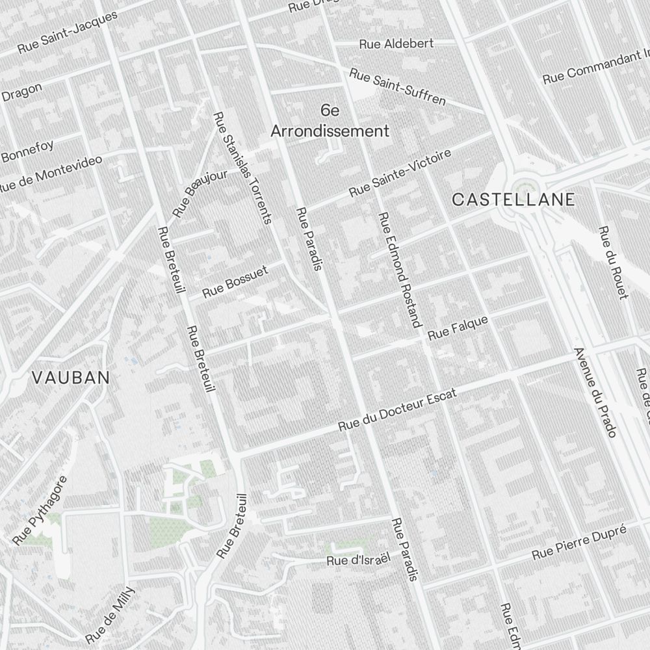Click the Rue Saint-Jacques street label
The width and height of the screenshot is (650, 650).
(68, 31)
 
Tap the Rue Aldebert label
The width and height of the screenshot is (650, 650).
(396, 44)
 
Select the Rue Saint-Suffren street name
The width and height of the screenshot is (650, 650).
(397, 86)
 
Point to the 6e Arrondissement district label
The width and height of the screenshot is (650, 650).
(330, 121)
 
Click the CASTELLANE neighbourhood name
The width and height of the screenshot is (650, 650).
(513, 200)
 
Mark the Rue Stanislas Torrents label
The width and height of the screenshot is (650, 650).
(242, 168)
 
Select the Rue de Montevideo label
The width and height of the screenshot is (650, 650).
(51, 174)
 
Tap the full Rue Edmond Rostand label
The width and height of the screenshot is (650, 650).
(400, 269)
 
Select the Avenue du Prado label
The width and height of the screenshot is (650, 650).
(595, 392)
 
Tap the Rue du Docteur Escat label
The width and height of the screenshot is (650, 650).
(398, 411)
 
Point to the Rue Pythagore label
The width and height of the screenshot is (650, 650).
(40, 510)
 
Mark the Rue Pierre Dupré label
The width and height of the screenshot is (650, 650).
(578, 543)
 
